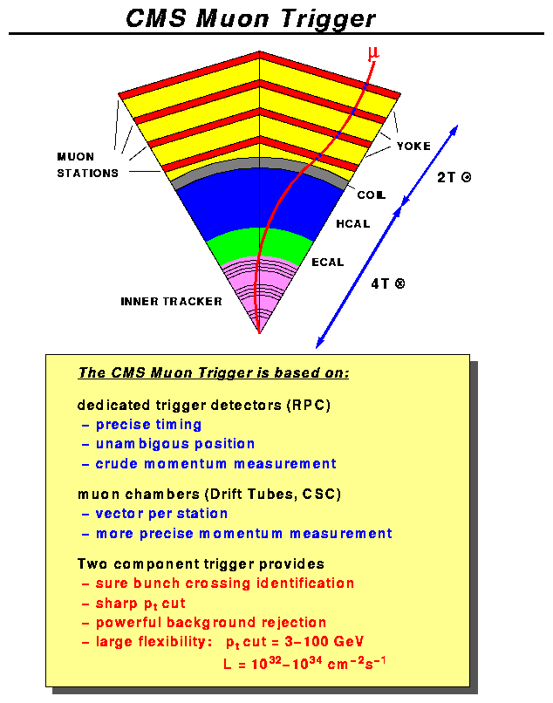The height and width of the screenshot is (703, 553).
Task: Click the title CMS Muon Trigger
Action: pyautogui.click(x=251, y=17)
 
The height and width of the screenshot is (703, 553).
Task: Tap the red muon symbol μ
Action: pyautogui.click(x=374, y=55)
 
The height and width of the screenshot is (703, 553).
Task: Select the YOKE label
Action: pyautogui.click(x=413, y=146)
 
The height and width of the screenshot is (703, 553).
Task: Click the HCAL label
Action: pyautogui.click(x=353, y=224)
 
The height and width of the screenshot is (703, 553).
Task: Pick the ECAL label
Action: pyautogui.click(x=328, y=262)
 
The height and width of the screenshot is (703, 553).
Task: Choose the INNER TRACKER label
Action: pyautogui.click(x=171, y=302)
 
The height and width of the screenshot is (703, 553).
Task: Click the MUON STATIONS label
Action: pyautogui.click(x=87, y=165)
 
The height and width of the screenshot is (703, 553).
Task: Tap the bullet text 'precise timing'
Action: pyautogui.click(x=148, y=425)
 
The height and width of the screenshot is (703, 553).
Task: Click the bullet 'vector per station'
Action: pyautogui.click(x=161, y=514)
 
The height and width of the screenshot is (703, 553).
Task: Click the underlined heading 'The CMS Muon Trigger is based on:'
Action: pyautogui.click(x=214, y=373)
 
